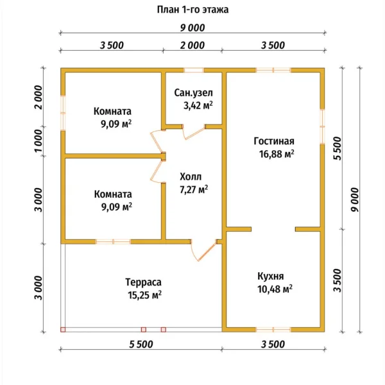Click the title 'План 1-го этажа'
[x=193, y=10]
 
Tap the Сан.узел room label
[x=194, y=93]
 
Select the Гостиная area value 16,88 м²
[x=277, y=154]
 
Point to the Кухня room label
[x=271, y=276]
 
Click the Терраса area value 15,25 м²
[x=144, y=295]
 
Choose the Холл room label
[x=191, y=177]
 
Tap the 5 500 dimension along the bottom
[x=141, y=344]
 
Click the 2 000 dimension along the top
[x=193, y=46]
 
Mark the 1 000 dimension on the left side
[x=38, y=141]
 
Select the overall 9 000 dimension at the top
[x=193, y=28]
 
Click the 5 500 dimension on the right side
[x=338, y=149]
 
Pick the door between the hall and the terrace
[x=203, y=250]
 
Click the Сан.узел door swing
[x=194, y=132]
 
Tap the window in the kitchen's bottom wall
[x=273, y=330]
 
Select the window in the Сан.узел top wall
[x=194, y=70]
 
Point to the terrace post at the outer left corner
[x=63, y=330]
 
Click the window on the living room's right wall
[x=322, y=126]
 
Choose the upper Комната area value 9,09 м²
[x=116, y=124]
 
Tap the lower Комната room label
[x=113, y=194]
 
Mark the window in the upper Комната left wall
[x=63, y=113]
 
